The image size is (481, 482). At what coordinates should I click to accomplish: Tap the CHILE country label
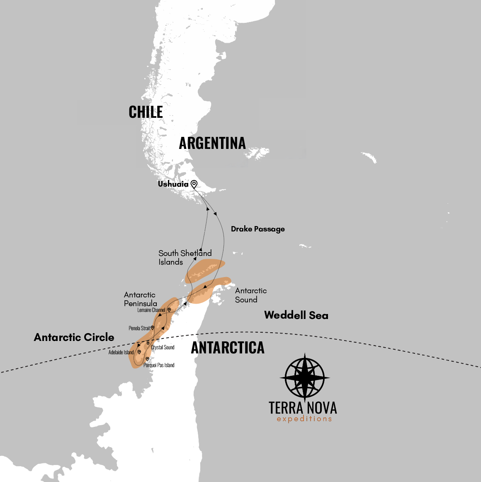pyautogui.click(x=146, y=112)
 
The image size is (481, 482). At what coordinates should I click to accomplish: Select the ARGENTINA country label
pyautogui.click(x=212, y=144)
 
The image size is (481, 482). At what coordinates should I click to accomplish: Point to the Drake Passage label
pyautogui.click(x=258, y=229)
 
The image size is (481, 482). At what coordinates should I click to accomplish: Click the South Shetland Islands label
pyautogui.click(x=185, y=258)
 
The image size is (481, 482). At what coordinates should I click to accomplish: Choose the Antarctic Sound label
pyautogui.click(x=250, y=295)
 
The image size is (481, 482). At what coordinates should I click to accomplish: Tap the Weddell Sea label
pyautogui.click(x=296, y=315)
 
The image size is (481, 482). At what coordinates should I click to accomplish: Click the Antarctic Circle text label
pyautogui.click(x=74, y=337)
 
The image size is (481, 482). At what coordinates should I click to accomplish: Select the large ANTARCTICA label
pyautogui.click(x=227, y=348)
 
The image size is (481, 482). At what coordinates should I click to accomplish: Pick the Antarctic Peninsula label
pyautogui.click(x=140, y=299)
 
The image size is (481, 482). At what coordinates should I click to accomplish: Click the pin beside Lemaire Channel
pyautogui.click(x=169, y=310)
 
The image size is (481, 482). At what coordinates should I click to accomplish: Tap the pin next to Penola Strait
pyautogui.click(x=153, y=328)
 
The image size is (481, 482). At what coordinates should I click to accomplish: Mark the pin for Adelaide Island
pyautogui.click(x=139, y=352)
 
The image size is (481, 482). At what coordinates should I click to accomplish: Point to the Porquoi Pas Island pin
pyautogui.click(x=147, y=359)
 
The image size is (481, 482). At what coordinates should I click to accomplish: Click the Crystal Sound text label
pyautogui.click(x=163, y=348)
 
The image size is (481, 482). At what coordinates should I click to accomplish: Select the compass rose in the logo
pyautogui.click(x=305, y=377)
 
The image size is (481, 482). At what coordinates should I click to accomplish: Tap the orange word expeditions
pyautogui.click(x=304, y=419)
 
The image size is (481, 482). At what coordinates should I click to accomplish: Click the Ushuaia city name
pyautogui.click(x=173, y=184)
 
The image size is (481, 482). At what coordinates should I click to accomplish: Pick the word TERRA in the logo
pyautogui.click(x=286, y=408)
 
